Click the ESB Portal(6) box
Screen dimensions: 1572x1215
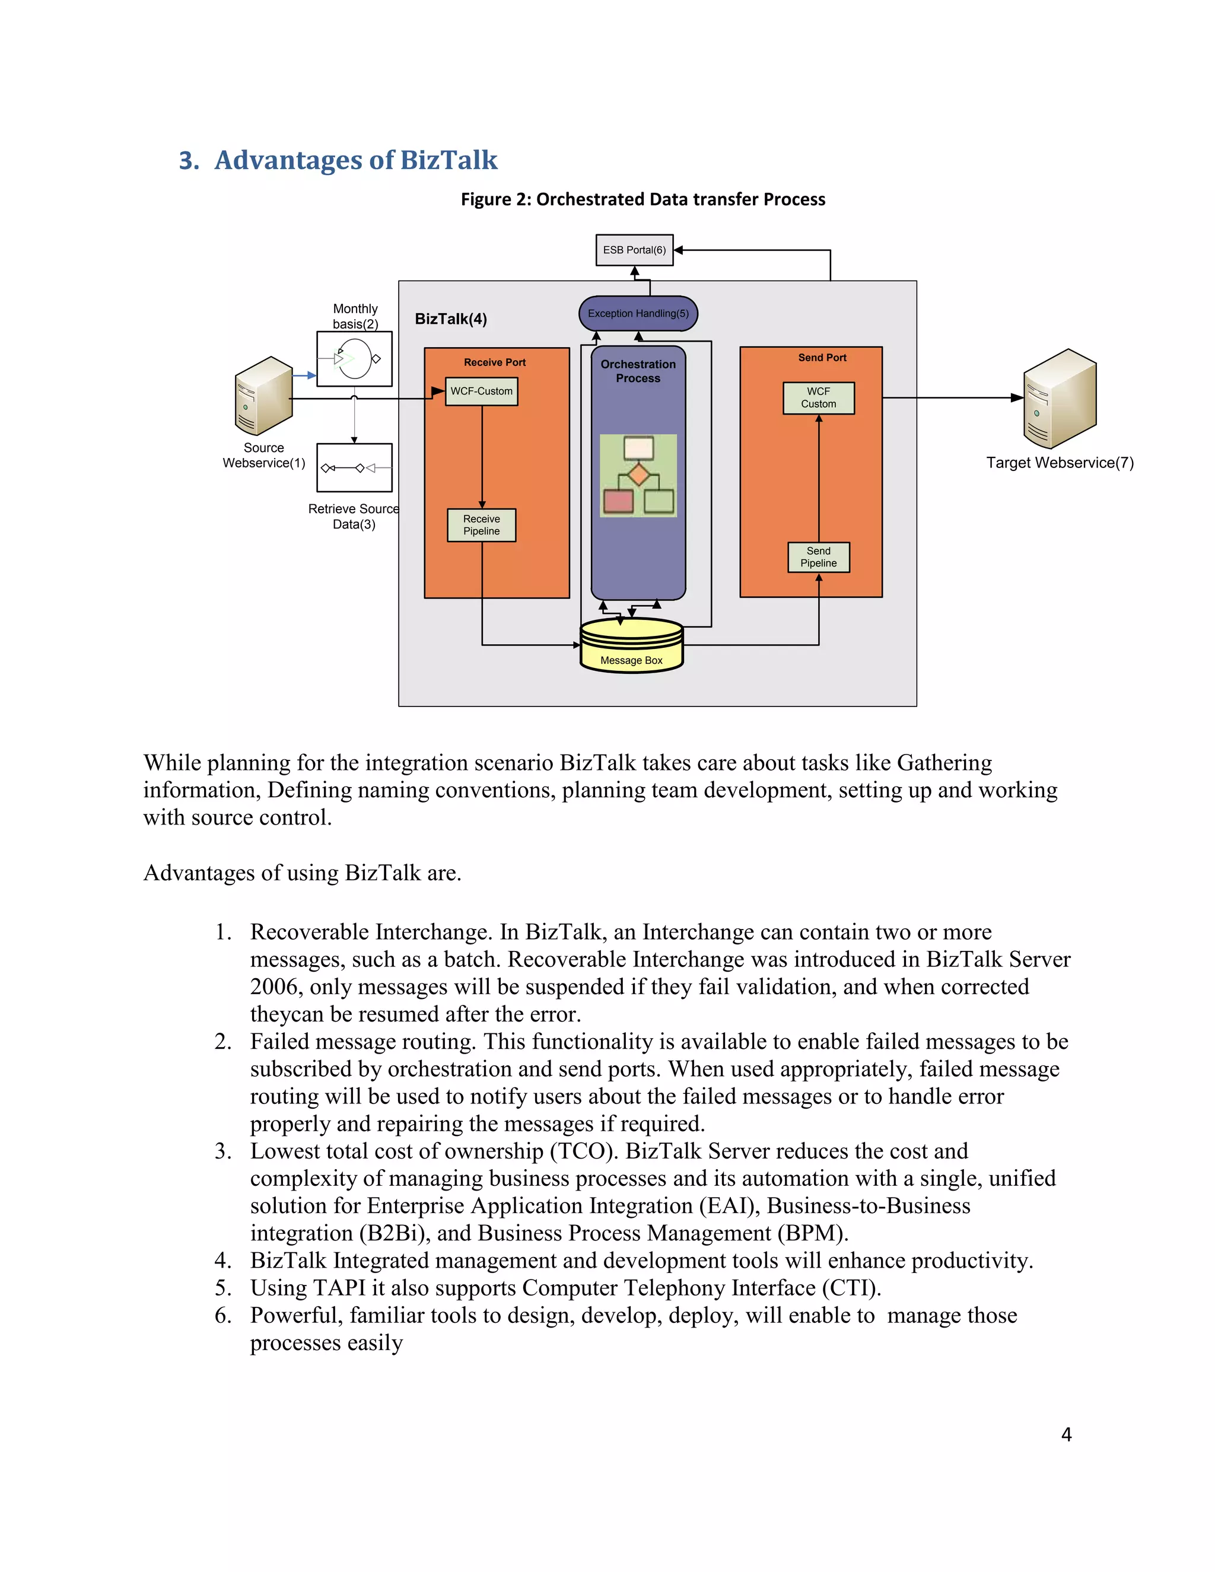point(634,250)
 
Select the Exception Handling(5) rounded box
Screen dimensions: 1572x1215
point(638,313)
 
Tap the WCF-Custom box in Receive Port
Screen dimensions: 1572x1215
point(482,392)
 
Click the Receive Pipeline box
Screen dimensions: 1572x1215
point(482,526)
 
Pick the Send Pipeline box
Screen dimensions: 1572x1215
point(818,557)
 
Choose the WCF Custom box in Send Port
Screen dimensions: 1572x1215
point(818,398)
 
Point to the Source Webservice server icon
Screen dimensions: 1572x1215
point(264,395)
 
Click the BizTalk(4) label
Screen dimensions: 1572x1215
point(451,319)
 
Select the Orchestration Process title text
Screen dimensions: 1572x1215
point(638,371)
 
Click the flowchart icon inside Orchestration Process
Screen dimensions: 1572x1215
point(638,475)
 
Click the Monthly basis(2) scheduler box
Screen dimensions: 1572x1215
point(354,358)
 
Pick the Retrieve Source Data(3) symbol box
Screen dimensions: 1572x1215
point(354,468)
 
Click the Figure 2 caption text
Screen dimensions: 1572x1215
point(643,199)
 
